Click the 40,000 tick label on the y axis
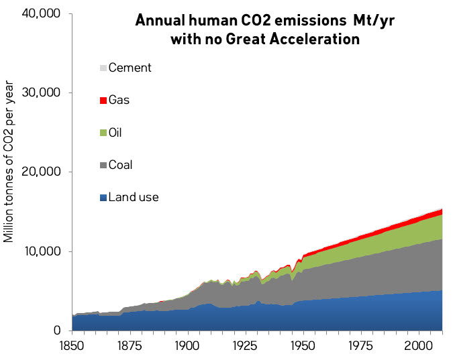[42, 13]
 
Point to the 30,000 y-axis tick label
[42, 93]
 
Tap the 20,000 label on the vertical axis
[42, 172]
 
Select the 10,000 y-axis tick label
[42, 251]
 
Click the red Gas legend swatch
[103, 101]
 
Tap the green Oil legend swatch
[103, 133]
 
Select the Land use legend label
[133, 197]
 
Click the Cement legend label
[130, 68]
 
